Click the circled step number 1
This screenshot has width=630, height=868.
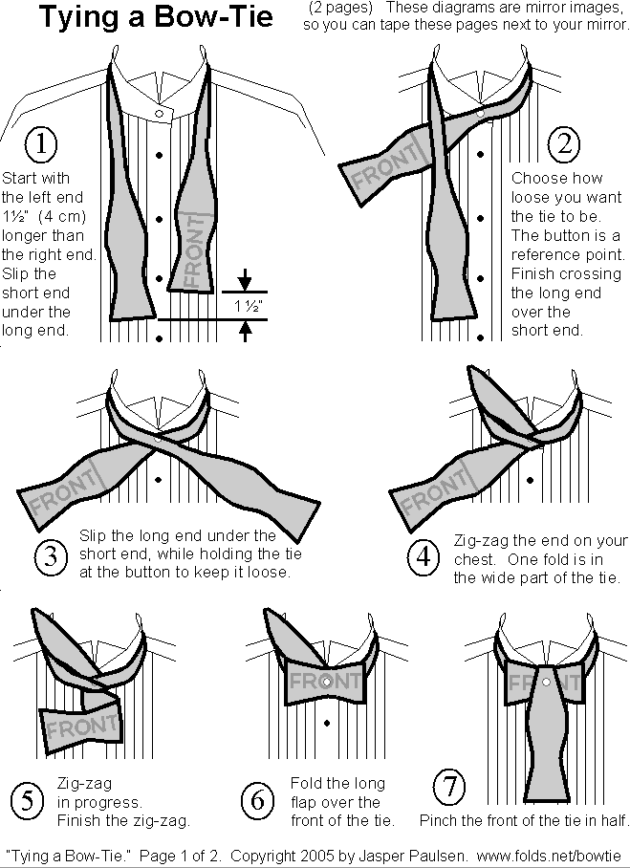[x=41, y=143]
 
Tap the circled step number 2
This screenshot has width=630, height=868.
[x=564, y=144]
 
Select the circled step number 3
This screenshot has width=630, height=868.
[x=51, y=555]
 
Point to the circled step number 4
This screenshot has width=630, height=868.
[x=424, y=556]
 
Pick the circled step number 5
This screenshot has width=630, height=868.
[x=27, y=800]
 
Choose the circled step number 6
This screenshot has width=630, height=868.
[x=257, y=800]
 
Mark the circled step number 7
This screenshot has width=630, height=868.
[x=449, y=786]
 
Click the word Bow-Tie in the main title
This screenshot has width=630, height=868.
[x=213, y=16]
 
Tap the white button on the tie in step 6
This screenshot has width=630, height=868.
[x=326, y=682]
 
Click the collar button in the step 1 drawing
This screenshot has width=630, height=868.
[x=160, y=114]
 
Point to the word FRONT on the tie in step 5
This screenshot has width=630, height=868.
[x=82, y=726]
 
